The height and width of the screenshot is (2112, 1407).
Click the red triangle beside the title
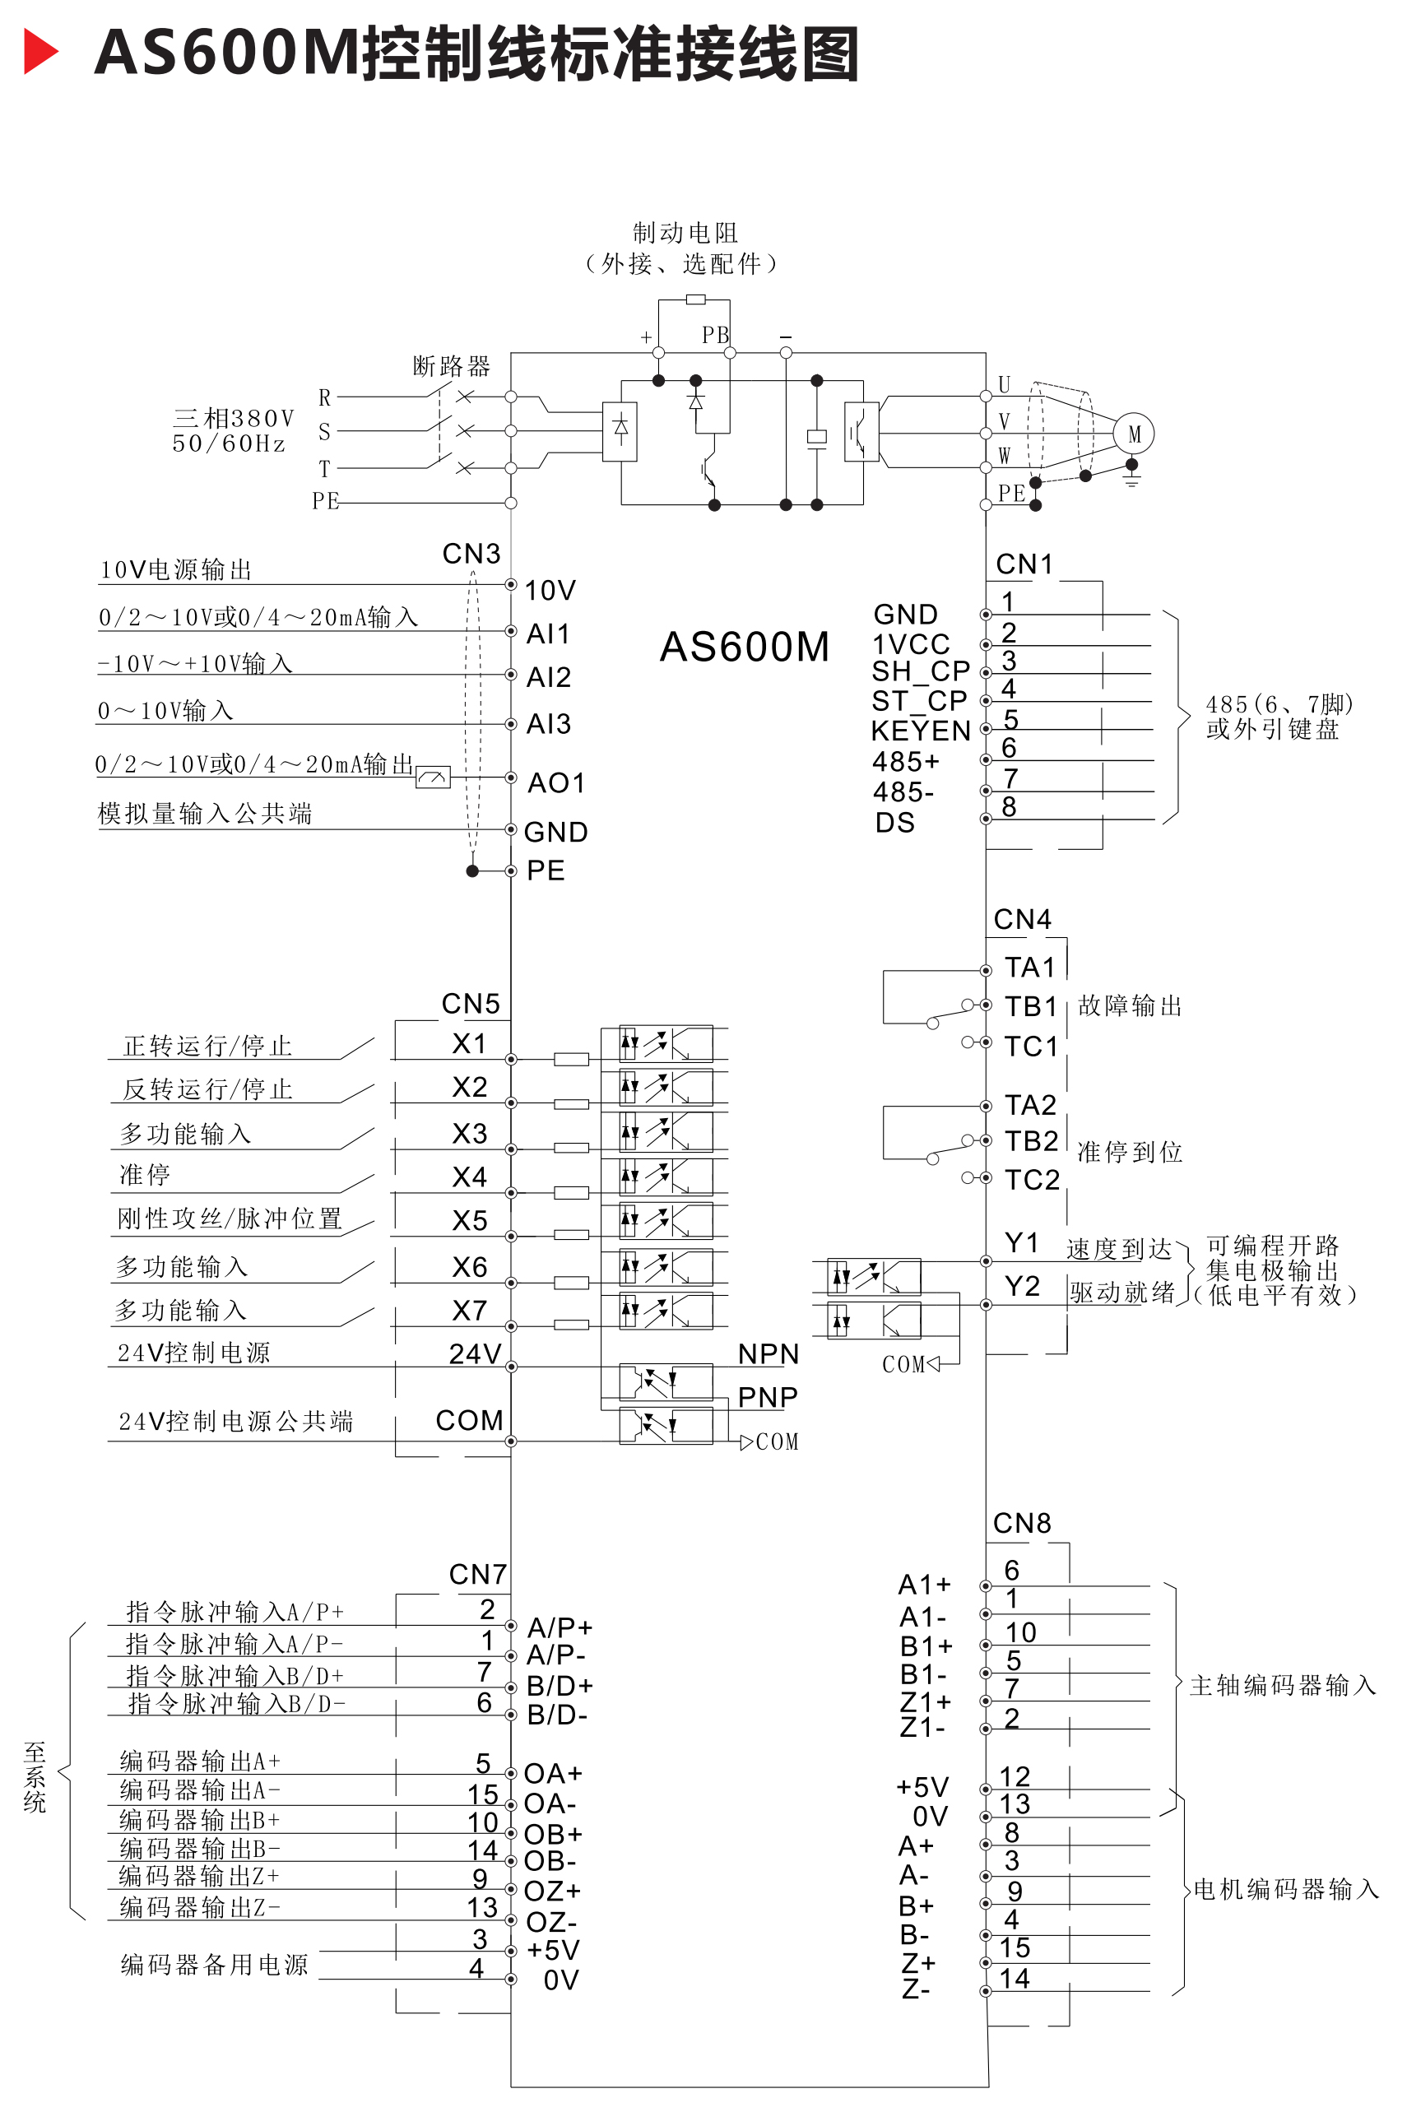pos(39,51)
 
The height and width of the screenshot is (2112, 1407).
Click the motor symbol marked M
pos(1133,434)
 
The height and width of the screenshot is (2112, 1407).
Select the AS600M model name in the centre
pos(744,647)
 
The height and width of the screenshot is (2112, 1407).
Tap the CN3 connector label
pos(471,554)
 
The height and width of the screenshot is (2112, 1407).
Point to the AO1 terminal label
pos(556,782)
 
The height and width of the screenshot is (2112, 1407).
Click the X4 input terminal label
pos(469,1177)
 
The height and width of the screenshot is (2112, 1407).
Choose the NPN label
pos(769,1354)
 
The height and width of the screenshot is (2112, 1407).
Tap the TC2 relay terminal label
pos(1032,1180)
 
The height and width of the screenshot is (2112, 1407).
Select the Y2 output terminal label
pos(1022,1287)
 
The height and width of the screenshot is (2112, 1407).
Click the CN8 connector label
pos(1021,1523)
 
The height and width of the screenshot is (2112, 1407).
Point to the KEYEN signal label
pos(921,731)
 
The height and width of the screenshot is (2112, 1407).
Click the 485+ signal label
pos(906,762)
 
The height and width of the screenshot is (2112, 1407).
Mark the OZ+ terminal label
pos(553,1892)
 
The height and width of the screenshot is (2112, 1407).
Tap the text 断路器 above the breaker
pos(452,366)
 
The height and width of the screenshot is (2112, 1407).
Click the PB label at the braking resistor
pos(715,335)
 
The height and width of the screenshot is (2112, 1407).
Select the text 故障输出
pos(1130,1005)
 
